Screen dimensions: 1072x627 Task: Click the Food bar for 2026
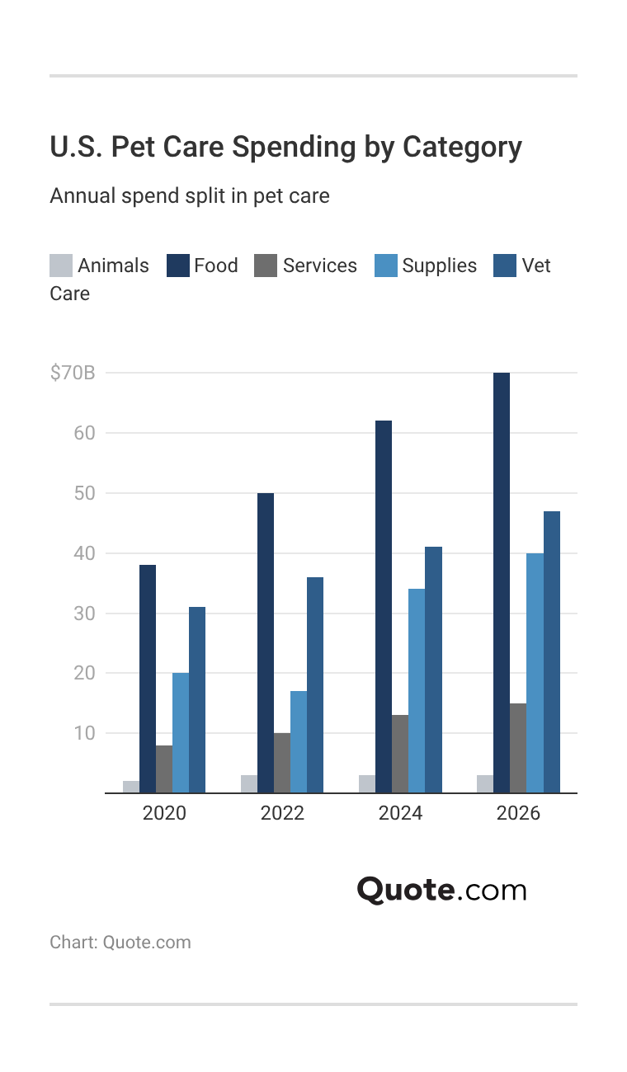502,582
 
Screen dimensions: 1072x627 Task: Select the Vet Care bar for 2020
197,699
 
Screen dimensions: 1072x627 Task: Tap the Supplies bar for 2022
299,741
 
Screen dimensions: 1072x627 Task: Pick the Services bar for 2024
400,754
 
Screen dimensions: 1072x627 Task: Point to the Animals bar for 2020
131,787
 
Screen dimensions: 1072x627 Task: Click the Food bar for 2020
148,679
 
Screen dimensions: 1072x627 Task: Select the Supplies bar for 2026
535,673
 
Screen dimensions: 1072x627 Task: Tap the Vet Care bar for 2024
433,670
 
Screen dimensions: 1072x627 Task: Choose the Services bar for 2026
518,748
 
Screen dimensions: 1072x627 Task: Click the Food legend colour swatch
178,266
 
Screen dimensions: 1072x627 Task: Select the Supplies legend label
439,266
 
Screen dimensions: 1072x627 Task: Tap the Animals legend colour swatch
61,266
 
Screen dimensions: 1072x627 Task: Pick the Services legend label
319,266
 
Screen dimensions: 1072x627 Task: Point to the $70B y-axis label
73,373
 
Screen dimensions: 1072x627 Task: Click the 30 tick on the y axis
83,614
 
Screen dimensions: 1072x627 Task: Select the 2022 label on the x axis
282,813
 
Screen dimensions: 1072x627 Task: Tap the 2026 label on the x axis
518,813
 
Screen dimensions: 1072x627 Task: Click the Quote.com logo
441,891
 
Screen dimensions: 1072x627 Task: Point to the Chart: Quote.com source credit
120,943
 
